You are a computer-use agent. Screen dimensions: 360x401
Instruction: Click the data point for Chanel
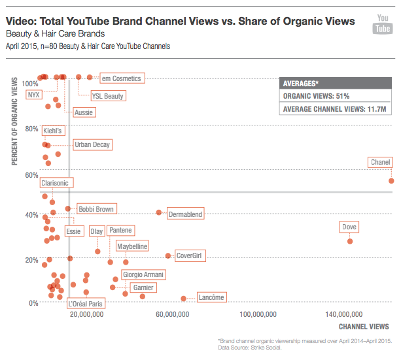click(x=391, y=180)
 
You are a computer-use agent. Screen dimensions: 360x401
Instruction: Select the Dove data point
click(x=350, y=241)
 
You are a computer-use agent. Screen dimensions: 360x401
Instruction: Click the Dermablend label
click(x=186, y=214)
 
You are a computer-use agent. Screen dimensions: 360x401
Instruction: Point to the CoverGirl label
click(x=188, y=255)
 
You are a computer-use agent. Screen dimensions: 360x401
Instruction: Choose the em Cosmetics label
click(x=121, y=78)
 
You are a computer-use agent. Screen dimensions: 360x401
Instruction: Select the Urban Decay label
click(x=92, y=144)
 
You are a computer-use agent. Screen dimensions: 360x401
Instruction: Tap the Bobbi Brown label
click(x=96, y=209)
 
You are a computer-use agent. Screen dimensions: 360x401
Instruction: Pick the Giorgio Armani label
click(x=143, y=274)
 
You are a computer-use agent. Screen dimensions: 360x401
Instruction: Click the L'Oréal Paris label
click(x=85, y=303)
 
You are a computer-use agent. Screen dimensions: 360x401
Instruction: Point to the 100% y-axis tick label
click(x=30, y=84)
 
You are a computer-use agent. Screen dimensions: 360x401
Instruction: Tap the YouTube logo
click(x=381, y=24)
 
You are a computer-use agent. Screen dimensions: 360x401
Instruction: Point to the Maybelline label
click(x=132, y=246)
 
